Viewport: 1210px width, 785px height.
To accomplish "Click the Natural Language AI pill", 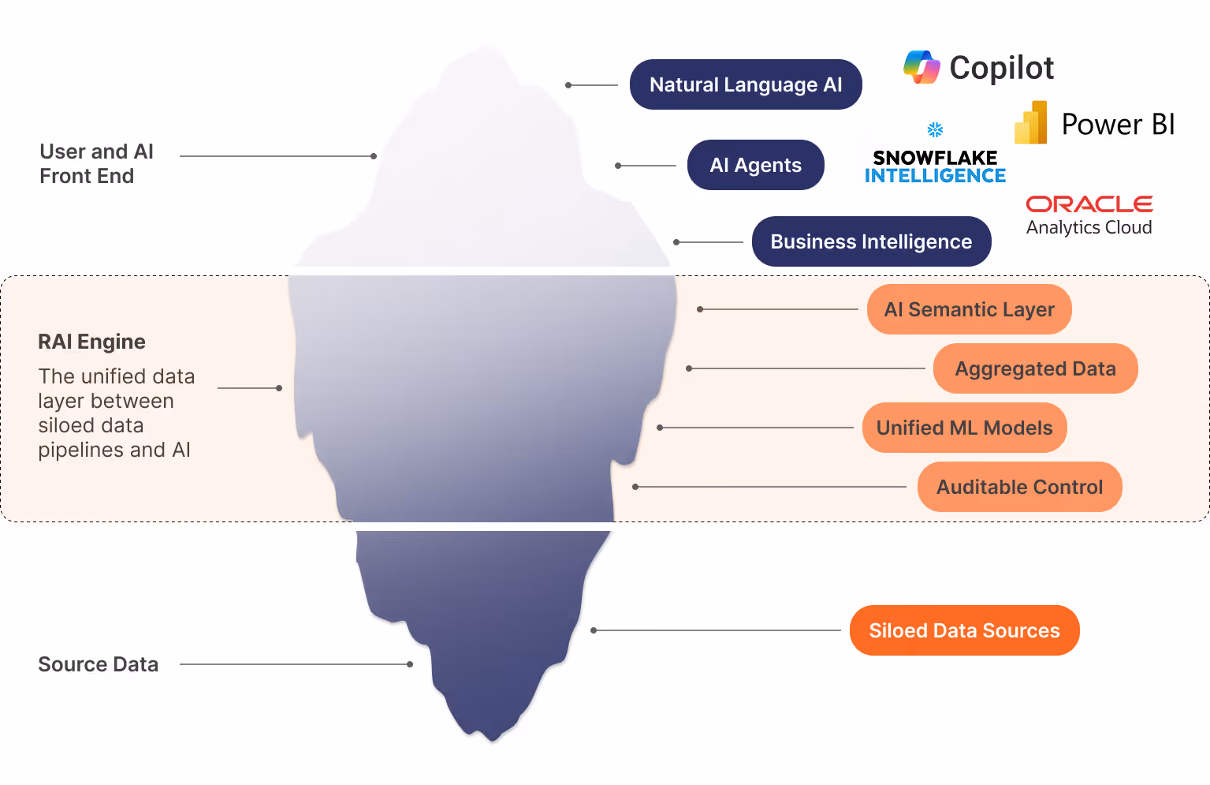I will pos(745,84).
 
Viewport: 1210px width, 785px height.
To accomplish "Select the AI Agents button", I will pos(755,165).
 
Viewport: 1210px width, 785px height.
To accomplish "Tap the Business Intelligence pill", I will pos(870,241).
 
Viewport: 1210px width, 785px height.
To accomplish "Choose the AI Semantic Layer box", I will pos(968,309).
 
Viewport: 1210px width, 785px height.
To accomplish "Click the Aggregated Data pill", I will pos(1034,368).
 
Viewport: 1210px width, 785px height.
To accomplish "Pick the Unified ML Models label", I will pos(963,428).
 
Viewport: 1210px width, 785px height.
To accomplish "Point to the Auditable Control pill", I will pos(1018,487).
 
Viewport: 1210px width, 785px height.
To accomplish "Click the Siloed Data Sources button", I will pos(963,630).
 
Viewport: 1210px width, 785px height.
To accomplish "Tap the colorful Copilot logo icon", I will pos(921,67).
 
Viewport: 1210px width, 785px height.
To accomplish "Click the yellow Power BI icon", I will pos(1031,123).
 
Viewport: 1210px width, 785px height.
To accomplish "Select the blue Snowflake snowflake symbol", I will pos(935,129).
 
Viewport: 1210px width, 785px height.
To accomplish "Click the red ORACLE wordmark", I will pos(1089,204).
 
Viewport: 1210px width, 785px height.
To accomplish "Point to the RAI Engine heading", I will pos(91,342).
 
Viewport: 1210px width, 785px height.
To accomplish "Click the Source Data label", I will pos(98,664).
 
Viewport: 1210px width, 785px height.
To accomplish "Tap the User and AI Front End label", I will pos(96,163).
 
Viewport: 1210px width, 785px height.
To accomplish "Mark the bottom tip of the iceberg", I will pos(493,739).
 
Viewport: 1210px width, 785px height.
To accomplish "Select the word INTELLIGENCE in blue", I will pos(935,176).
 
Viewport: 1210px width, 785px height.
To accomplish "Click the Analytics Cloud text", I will pos(1089,227).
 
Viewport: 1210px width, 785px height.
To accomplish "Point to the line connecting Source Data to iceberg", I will pos(296,664).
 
